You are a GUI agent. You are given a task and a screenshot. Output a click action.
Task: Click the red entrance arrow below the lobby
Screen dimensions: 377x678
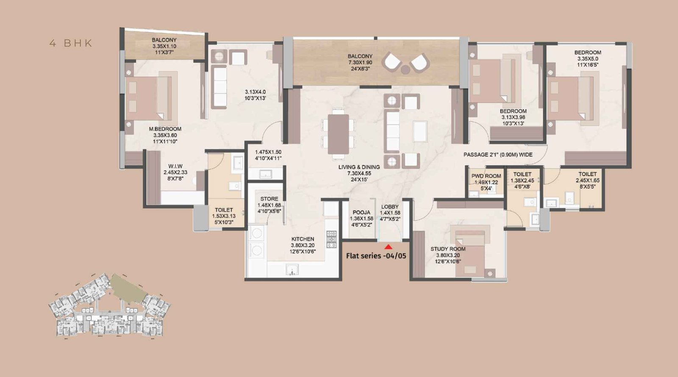[388, 247]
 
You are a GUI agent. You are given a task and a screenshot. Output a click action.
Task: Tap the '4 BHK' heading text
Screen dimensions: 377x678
[71, 43]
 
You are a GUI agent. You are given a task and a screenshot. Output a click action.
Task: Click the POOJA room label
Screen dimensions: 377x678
[361, 212]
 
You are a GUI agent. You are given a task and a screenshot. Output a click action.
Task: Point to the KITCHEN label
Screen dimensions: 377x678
[303, 239]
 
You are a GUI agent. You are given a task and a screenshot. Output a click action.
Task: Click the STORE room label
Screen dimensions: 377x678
[269, 199]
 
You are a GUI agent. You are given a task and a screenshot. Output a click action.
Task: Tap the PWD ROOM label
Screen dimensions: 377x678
[486, 176]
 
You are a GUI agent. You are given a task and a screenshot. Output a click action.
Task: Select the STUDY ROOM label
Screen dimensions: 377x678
[448, 249]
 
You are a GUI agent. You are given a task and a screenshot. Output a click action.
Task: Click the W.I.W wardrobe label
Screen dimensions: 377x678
[175, 166]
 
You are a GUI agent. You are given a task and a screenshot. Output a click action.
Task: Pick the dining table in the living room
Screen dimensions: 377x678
[338, 134]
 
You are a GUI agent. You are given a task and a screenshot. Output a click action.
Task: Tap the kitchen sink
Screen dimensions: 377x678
[292, 270]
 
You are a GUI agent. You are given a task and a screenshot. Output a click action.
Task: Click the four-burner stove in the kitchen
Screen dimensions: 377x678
[331, 240]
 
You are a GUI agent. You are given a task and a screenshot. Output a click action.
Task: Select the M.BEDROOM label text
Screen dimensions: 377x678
[165, 129]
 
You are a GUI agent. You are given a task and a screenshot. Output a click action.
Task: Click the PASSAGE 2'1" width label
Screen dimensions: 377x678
[498, 155]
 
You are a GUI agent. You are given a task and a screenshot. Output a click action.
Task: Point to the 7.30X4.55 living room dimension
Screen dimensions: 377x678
[359, 173]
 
